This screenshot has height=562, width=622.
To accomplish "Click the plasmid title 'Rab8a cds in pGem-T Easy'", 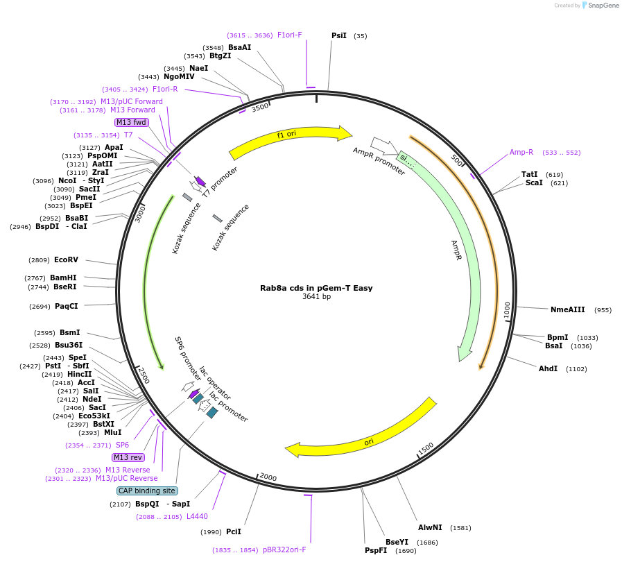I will [316, 288].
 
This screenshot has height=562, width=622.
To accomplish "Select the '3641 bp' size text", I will [316, 297].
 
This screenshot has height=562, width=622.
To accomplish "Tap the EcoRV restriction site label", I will [66, 260].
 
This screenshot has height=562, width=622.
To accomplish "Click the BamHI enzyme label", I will [63, 278].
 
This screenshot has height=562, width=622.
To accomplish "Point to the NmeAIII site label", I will [567, 310].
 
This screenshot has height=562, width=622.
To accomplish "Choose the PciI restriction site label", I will [234, 532].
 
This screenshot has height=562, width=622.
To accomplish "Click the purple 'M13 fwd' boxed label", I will [131, 123].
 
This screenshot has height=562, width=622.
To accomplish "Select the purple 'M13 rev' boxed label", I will [128, 457].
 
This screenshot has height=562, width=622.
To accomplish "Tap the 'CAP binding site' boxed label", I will [146, 491].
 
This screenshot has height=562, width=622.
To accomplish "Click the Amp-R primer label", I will [521, 153].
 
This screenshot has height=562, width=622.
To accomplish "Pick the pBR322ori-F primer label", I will [284, 550].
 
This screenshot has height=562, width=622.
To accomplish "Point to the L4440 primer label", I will [197, 516].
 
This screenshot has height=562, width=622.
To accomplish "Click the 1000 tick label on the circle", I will [507, 310].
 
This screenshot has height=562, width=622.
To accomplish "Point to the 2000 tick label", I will [268, 478].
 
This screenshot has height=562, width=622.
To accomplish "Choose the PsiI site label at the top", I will [339, 35].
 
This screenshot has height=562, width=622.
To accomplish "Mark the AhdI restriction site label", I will [548, 368].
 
